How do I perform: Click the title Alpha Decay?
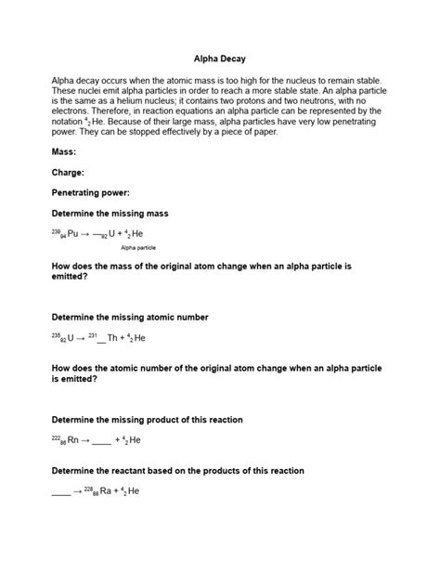[219, 57]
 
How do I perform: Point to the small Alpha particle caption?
[138, 249]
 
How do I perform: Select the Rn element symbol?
[73, 440]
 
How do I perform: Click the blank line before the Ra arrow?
[60, 492]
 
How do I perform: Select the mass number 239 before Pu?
[56, 232]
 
